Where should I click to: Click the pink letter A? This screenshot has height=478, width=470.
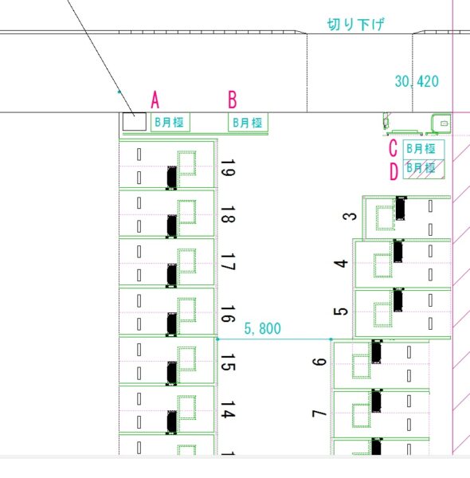155,100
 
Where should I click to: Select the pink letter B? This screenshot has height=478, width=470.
233,100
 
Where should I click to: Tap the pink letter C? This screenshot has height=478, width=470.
394,148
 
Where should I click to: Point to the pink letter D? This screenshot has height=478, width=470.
394,171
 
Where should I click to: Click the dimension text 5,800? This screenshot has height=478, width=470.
262,328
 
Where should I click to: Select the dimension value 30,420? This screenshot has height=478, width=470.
417,81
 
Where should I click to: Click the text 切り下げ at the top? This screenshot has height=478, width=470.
356,25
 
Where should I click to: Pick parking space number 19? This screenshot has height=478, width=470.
227,167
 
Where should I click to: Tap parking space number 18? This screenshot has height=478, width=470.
227,214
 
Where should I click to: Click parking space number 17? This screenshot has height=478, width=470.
227,262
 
